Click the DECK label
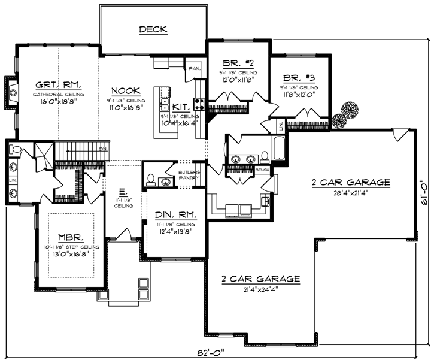click(x=153, y=29)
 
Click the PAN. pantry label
click(x=195, y=68)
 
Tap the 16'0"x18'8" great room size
click(x=58, y=102)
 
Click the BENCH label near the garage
click(x=262, y=170)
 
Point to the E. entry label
click(x=122, y=192)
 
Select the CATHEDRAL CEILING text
click(x=58, y=95)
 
